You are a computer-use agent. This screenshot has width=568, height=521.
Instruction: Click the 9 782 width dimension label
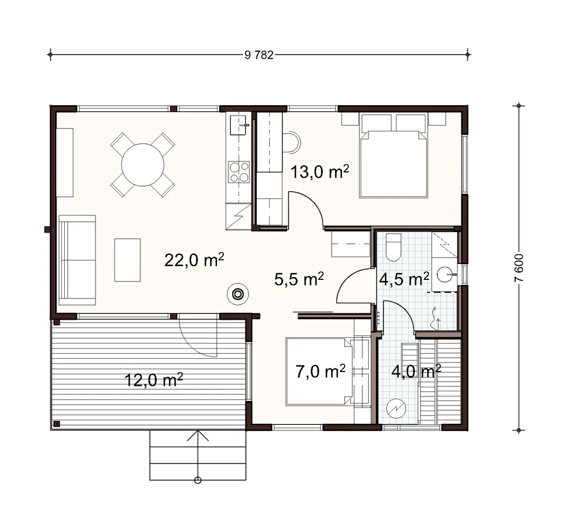[259, 55]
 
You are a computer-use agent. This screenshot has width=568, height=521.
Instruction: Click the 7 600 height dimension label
[519, 268]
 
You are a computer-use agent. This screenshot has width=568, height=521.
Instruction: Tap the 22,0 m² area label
[194, 260]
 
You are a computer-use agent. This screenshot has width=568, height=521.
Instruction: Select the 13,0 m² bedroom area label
[320, 171]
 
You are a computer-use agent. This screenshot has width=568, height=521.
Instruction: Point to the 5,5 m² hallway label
[299, 279]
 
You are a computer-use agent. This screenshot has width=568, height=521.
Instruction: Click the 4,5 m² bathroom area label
[404, 279]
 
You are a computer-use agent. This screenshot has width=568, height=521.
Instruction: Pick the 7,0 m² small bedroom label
[320, 371]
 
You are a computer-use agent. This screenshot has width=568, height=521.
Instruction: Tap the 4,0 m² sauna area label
[416, 371]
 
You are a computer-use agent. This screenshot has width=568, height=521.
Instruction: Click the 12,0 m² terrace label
[153, 380]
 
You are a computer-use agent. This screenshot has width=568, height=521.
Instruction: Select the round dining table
[143, 165]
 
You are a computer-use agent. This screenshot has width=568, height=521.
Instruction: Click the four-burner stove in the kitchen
[239, 172]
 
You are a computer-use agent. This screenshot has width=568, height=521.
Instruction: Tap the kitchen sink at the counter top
[239, 125]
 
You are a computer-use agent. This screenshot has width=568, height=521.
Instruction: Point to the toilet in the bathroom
[394, 247]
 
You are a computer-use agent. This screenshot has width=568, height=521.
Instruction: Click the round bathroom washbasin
[445, 274]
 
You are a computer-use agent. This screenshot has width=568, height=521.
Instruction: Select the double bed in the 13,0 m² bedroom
[394, 156]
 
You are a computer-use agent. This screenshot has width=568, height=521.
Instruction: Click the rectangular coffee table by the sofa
[127, 260]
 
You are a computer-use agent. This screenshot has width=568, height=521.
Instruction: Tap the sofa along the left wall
[77, 260]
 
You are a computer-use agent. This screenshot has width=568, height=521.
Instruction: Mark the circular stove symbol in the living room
[237, 294]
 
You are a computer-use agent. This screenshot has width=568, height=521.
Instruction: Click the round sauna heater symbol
[396, 408]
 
